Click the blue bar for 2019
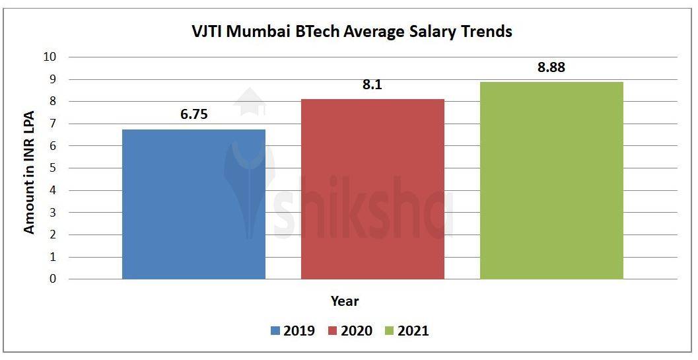(194, 204)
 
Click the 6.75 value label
(194, 114)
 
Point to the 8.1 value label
(372, 85)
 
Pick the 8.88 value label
(551, 67)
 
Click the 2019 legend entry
(293, 331)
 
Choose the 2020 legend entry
(349, 331)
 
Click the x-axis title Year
(345, 301)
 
